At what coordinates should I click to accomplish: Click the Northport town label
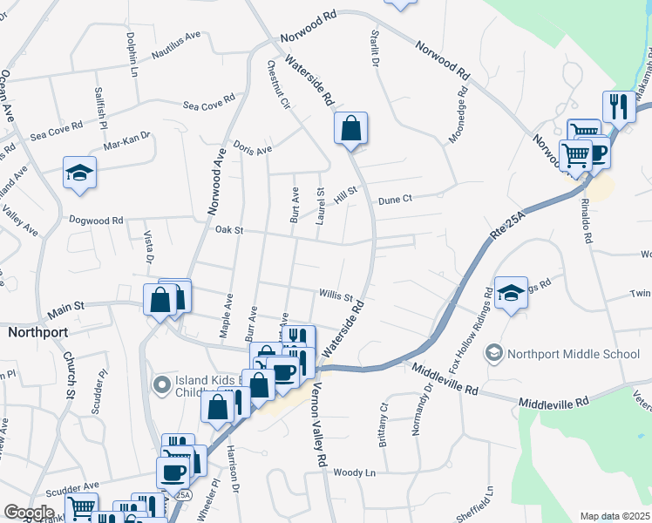click(38, 332)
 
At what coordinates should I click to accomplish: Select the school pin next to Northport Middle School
click(494, 353)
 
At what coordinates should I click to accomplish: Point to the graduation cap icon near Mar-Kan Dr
click(79, 172)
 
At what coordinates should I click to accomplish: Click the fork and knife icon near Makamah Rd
click(619, 106)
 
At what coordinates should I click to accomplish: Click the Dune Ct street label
click(395, 200)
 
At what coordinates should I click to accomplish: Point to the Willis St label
click(336, 297)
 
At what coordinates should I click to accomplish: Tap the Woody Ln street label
click(354, 472)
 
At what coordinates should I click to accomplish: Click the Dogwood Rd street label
click(96, 221)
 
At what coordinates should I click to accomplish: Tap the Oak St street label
click(227, 230)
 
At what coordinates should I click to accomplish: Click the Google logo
click(29, 512)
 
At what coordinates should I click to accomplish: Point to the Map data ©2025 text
click(615, 516)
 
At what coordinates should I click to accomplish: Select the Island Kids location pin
click(160, 384)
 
